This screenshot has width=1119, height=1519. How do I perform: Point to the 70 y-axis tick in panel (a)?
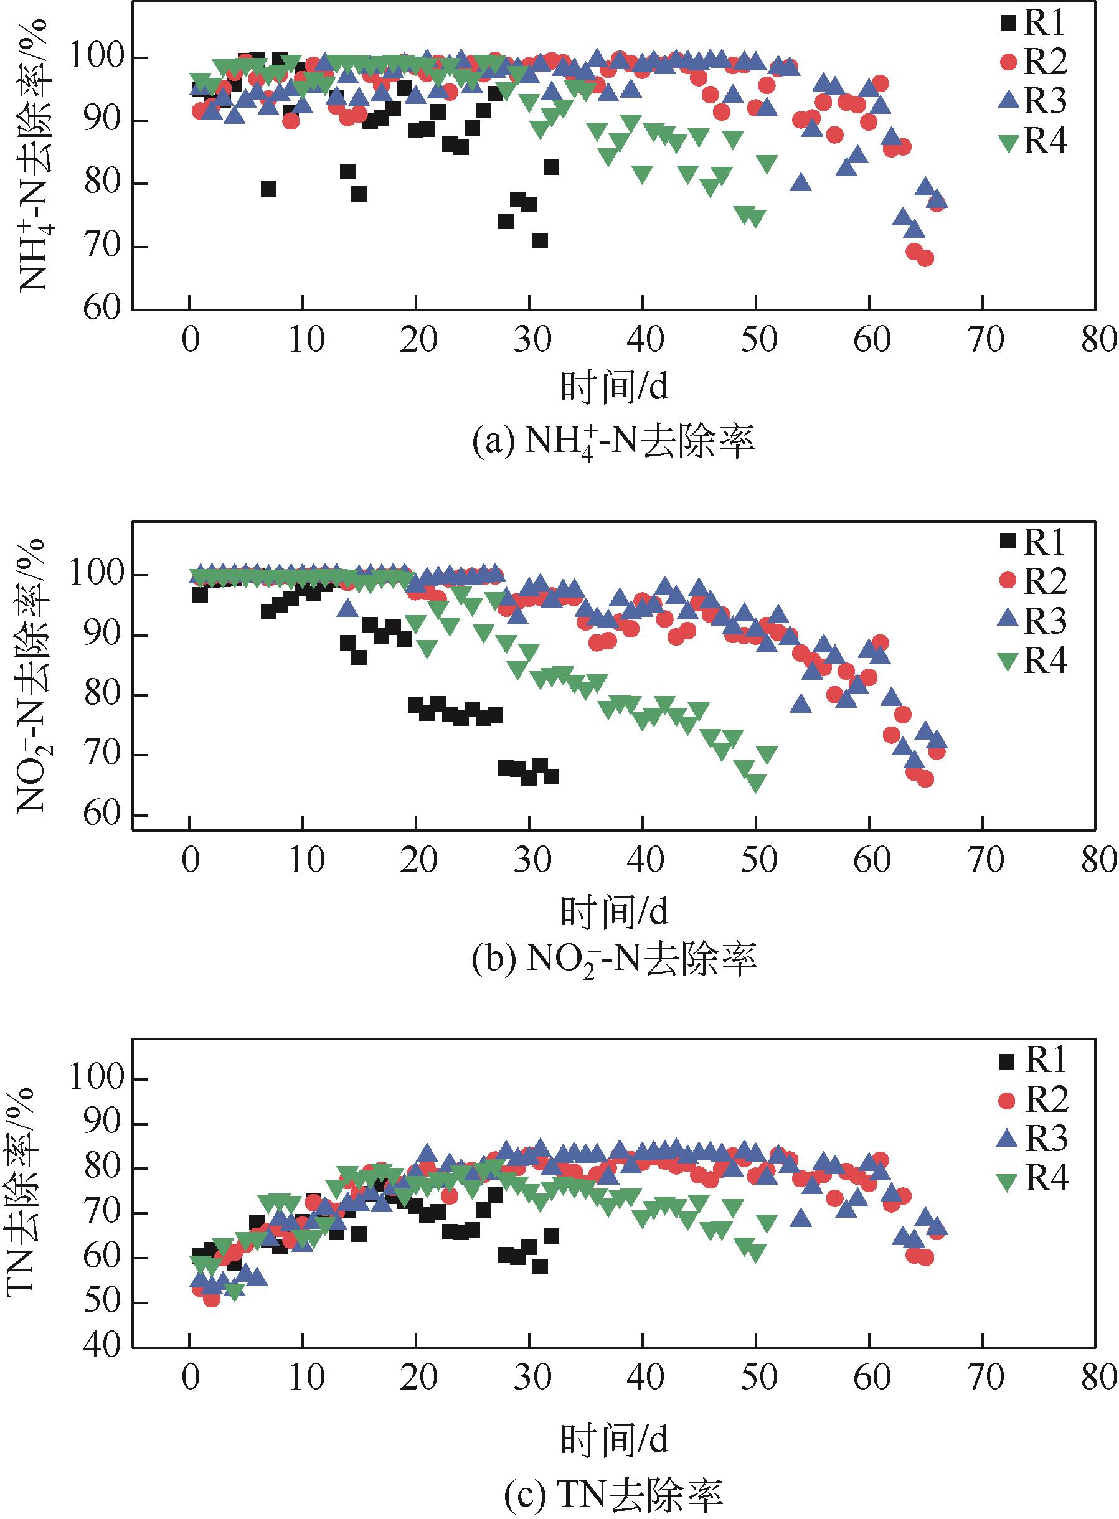[103, 247]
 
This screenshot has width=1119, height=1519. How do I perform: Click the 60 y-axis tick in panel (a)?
[103, 309]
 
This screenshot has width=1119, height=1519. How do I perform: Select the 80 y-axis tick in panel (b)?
[103, 695]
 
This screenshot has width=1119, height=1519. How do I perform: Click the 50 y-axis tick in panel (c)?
[103, 1303]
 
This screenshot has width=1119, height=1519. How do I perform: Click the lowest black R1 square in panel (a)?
[540, 240]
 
